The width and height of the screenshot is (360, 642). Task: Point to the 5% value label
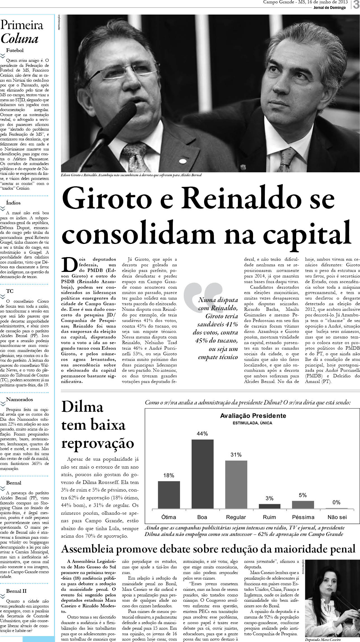click(x=303, y=495)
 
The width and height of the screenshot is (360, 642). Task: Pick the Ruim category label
click(x=269, y=517)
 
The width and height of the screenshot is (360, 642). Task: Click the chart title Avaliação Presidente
click(x=253, y=416)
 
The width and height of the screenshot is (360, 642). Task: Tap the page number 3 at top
click(x=356, y=5)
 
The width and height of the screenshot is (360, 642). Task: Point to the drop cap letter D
click(x=69, y=264)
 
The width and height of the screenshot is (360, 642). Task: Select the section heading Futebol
click(x=15, y=50)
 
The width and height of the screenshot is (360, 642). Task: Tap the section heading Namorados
click(x=19, y=399)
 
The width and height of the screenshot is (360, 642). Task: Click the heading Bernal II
click(x=16, y=591)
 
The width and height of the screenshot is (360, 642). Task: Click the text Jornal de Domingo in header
click(x=329, y=8)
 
